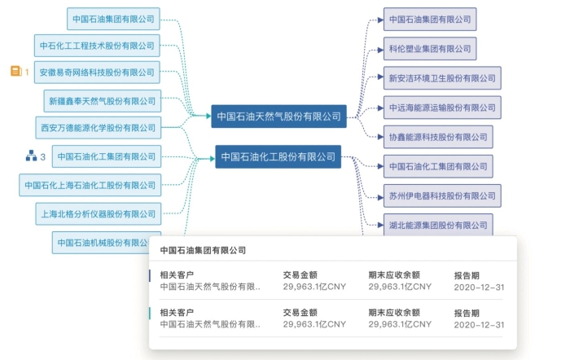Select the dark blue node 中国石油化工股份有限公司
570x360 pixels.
[x=278, y=156]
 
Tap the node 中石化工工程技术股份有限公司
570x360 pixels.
[x=97, y=46]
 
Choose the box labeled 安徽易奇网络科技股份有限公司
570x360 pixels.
[x=97, y=72]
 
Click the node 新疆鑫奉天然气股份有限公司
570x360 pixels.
[x=102, y=101]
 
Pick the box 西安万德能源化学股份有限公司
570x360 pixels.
[x=97, y=128]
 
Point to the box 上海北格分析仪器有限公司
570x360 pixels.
[x=97, y=214]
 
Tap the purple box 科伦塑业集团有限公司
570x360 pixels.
[x=430, y=49]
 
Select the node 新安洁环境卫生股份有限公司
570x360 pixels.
[x=442, y=78]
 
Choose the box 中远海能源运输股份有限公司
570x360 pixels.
[x=442, y=108]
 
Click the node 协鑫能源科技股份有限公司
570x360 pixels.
[x=438, y=137]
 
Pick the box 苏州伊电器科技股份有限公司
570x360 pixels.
[x=442, y=195]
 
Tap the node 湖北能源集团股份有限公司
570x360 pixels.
[x=438, y=225]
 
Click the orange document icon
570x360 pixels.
[x=15, y=72]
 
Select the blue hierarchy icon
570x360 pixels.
[x=30, y=156]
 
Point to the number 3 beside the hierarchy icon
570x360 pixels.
[x=43, y=156]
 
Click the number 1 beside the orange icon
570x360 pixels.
[x=27, y=72]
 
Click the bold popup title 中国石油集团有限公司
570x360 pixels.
[x=203, y=251]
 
